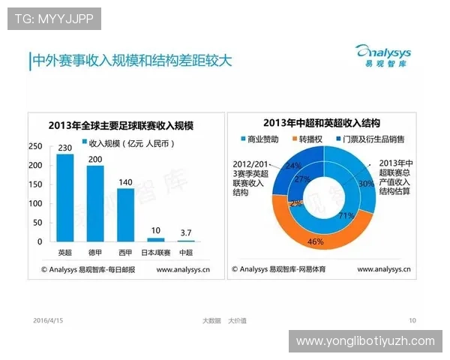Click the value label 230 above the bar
click(65, 147)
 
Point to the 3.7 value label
click(185, 234)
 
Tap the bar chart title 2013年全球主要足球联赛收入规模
click(121, 124)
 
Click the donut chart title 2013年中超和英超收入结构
click(321, 123)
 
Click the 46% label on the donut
click(315, 242)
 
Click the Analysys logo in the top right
click(384, 55)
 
